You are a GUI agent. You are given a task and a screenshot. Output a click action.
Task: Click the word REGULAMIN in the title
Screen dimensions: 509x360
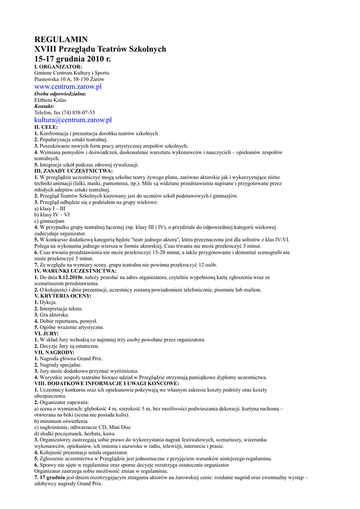click(61, 39)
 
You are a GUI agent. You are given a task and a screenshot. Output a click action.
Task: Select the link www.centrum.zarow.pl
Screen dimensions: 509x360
click(68, 86)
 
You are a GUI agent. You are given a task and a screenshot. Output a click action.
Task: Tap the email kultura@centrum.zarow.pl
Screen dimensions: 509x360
click(73, 120)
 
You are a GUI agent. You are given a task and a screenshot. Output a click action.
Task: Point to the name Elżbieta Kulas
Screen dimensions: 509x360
click(50, 100)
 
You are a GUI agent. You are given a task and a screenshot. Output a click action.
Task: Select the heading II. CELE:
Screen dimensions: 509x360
click(46, 127)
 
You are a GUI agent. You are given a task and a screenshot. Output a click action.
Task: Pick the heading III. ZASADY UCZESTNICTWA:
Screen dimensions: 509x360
click(73, 171)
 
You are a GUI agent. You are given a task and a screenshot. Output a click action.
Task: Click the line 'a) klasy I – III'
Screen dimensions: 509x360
click(50, 209)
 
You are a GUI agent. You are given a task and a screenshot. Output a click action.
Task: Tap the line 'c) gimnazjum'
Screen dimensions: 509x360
click(49, 221)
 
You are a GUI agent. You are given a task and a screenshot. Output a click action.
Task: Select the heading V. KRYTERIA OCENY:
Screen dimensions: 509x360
click(63, 296)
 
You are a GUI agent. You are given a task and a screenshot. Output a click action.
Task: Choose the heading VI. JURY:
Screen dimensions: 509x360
click(46, 334)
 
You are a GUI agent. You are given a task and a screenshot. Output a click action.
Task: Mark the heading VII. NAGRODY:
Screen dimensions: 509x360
click(54, 352)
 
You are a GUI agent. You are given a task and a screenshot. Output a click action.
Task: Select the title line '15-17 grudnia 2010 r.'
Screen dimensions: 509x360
click(73, 59)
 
